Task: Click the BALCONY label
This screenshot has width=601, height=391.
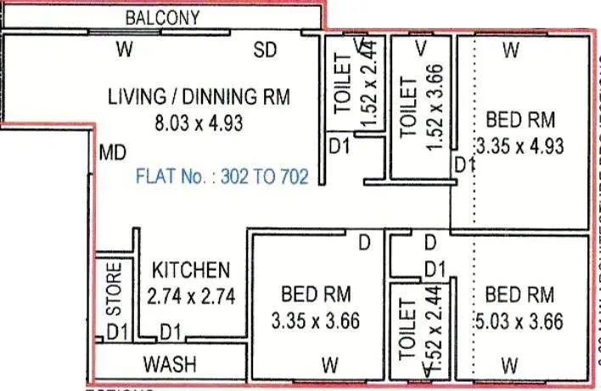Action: [162, 17]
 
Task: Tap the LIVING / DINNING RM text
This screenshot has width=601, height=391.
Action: [199, 97]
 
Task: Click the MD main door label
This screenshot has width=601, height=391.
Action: [113, 154]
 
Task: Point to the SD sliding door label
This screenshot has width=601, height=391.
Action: [266, 50]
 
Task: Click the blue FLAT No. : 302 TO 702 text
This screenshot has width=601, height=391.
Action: [222, 177]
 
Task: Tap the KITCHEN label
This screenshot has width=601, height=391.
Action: [190, 271]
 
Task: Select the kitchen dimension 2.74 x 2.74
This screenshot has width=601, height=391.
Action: [190, 298]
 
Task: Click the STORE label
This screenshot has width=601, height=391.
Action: [113, 288]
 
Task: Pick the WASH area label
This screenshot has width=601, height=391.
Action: [169, 365]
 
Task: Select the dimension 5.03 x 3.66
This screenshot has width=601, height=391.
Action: [520, 322]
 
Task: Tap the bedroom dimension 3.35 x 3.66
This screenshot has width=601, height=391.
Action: [316, 322]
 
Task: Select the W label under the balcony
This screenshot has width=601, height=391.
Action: [125, 50]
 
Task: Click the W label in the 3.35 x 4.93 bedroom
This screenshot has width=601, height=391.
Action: [510, 51]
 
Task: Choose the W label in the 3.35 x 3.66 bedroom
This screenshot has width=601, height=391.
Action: [329, 366]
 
